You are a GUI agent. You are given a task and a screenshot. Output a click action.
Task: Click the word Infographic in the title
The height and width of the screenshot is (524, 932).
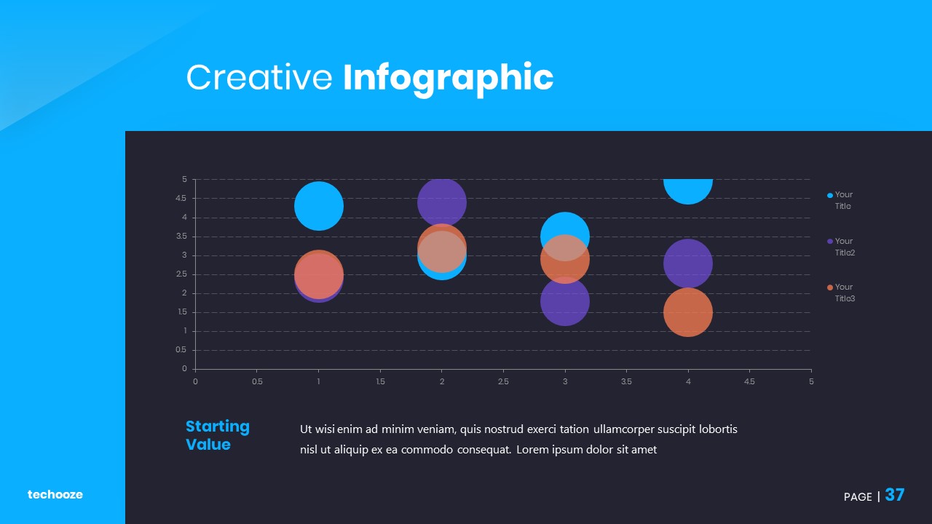(448, 79)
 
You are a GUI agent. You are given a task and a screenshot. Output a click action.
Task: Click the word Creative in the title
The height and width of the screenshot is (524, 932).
(259, 77)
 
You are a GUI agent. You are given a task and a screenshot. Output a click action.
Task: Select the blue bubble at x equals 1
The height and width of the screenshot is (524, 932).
(319, 206)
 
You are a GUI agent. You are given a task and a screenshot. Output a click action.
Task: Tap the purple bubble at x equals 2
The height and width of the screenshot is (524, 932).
(442, 202)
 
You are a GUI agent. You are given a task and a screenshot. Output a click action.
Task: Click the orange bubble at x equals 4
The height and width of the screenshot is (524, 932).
(688, 312)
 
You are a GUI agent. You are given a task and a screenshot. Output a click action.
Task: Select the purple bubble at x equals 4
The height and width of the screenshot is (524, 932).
(688, 263)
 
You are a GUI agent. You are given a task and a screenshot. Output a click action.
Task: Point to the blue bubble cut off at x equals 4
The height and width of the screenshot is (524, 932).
(688, 191)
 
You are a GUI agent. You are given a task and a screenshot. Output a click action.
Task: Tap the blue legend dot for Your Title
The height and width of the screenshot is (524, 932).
(829, 196)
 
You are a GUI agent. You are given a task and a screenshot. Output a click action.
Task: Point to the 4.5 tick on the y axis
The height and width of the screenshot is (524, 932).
(181, 199)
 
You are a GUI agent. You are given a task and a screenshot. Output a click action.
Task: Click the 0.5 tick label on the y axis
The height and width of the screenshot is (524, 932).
(181, 350)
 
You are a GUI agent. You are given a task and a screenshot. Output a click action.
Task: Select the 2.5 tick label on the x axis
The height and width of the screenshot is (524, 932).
(503, 382)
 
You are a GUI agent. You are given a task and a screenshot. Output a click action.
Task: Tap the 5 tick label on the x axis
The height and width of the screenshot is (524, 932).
(811, 382)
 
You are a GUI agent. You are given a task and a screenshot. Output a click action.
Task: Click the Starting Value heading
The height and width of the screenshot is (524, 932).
(218, 435)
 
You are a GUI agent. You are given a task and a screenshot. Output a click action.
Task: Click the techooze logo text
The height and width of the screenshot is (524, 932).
(55, 494)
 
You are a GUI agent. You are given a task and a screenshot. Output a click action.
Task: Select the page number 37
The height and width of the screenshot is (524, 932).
(895, 495)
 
